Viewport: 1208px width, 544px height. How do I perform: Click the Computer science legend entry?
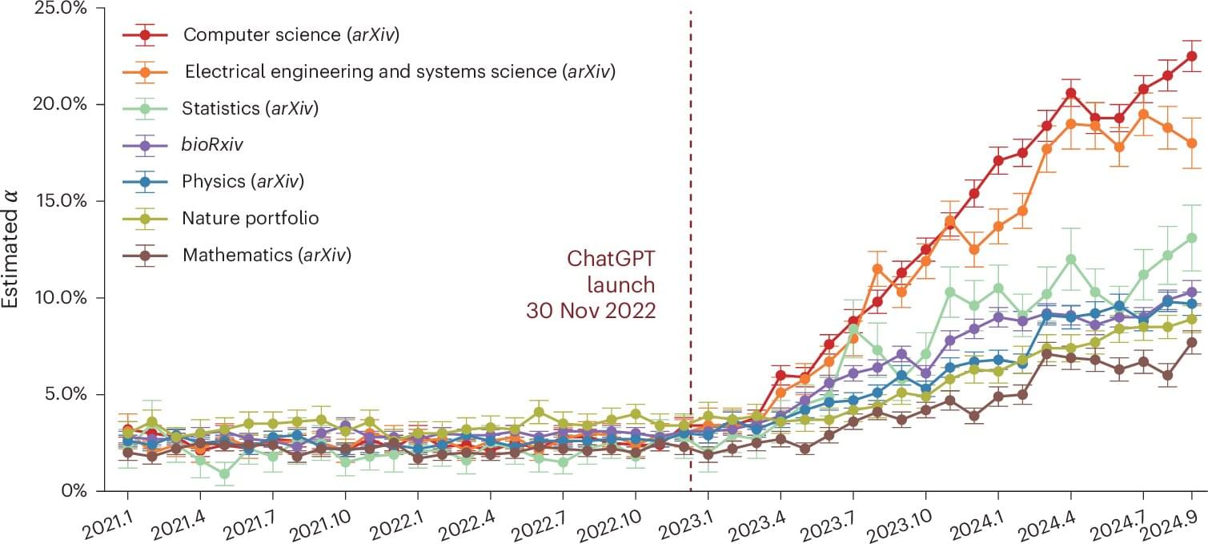point(291,34)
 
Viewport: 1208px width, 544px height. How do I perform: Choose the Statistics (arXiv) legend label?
point(251,108)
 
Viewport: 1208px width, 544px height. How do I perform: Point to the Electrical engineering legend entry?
point(399,71)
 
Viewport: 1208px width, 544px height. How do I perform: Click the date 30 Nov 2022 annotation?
point(591,310)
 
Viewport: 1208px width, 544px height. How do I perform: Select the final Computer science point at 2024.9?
point(1191,56)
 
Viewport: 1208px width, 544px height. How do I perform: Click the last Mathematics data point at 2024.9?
point(1191,342)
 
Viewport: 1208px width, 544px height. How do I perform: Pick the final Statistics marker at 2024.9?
point(1191,238)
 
